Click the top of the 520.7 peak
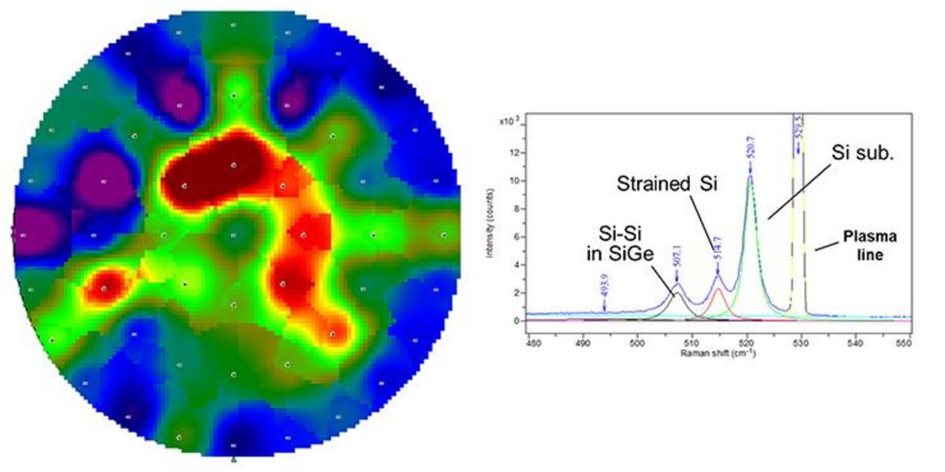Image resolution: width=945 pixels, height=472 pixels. point(750,176)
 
